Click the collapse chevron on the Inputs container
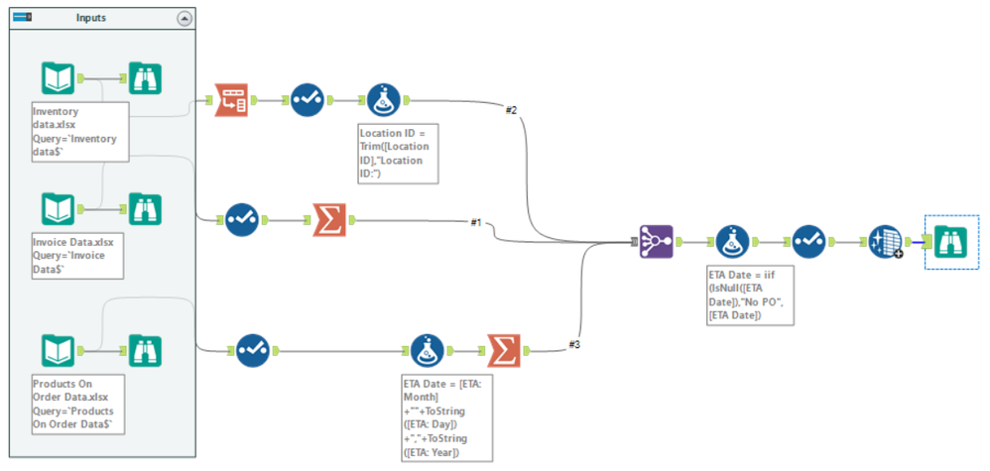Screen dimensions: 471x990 [x=185, y=18]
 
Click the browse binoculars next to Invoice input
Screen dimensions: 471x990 [x=146, y=209]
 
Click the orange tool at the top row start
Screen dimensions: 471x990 [x=232, y=99]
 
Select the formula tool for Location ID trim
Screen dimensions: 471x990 [x=384, y=99]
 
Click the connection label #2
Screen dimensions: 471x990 [x=511, y=109]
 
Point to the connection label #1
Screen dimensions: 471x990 [x=477, y=222]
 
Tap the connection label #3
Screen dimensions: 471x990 [x=574, y=344]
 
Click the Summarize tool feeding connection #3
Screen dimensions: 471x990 [x=503, y=349]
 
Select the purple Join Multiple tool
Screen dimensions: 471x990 [x=656, y=241]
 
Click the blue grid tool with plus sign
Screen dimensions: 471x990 [x=884, y=241]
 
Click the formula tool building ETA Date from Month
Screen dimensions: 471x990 [x=428, y=349]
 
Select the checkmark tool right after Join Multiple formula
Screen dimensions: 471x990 [x=807, y=241]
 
